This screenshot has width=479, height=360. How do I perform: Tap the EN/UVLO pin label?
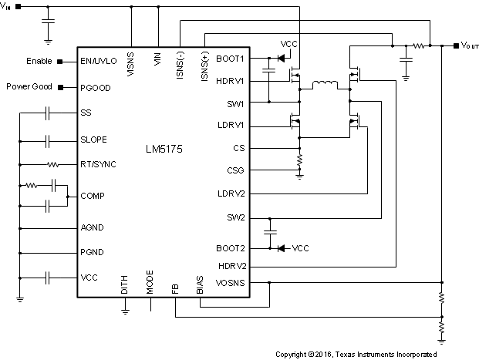point(99,59)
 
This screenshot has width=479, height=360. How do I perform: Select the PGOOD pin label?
point(95,87)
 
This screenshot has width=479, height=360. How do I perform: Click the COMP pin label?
point(92,196)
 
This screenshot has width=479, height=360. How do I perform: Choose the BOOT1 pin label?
point(230,58)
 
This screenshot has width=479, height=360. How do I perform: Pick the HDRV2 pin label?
point(230,266)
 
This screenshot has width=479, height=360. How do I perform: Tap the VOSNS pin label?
point(230,283)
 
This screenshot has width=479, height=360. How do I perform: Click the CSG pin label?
point(235,170)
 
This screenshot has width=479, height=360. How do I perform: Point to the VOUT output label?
point(470,45)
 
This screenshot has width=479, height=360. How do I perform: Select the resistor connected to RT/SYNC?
point(52,164)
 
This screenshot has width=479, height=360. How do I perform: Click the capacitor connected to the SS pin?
point(48,113)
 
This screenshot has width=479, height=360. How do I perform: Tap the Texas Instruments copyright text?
point(356,355)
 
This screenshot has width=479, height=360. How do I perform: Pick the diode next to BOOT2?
point(281,248)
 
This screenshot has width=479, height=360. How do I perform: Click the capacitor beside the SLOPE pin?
point(48,140)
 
